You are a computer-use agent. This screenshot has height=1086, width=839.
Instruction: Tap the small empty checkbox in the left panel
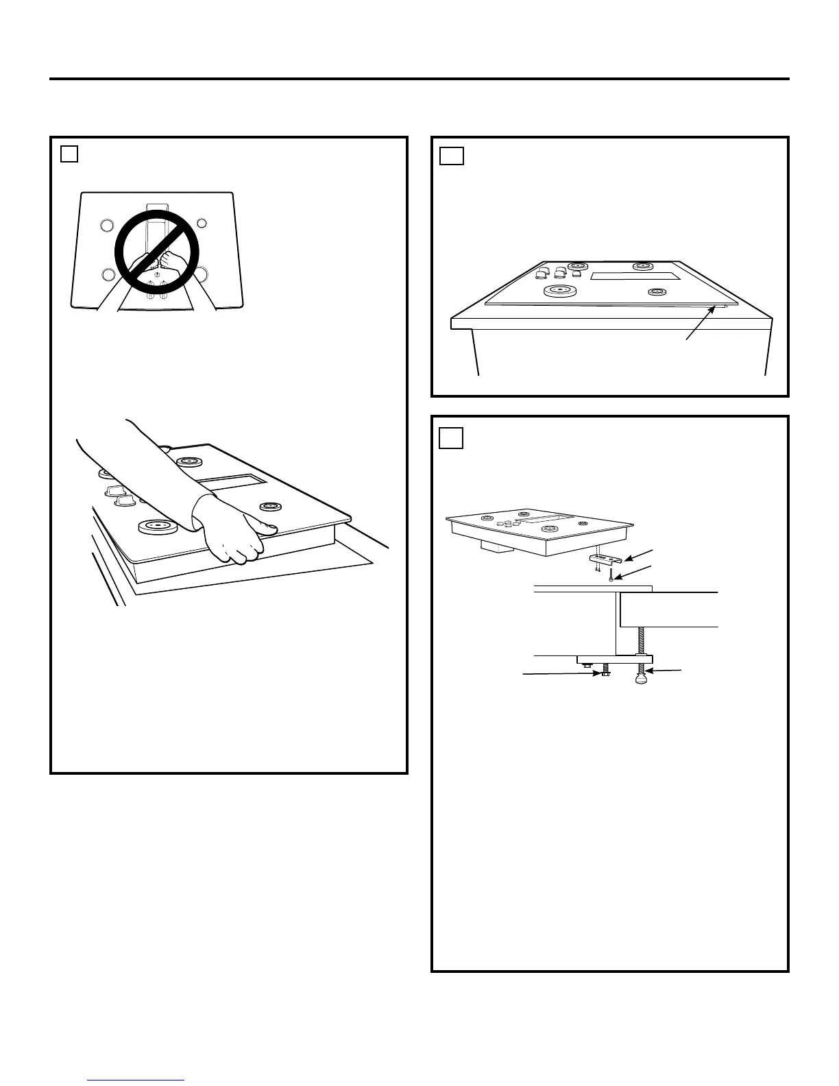click(x=69, y=154)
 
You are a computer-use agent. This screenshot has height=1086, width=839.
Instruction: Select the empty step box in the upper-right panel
click(x=451, y=156)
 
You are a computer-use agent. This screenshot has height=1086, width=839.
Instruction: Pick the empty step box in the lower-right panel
click(x=450, y=438)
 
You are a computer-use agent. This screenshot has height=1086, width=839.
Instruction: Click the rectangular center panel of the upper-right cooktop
click(x=635, y=276)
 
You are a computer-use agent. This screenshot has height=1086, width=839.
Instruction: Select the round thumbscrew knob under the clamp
click(x=642, y=679)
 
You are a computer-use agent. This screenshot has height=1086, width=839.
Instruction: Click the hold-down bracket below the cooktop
click(x=605, y=559)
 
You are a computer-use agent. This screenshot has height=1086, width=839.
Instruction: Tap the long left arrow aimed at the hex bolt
click(x=562, y=675)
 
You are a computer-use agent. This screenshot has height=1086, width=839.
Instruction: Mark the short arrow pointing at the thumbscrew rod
click(x=664, y=671)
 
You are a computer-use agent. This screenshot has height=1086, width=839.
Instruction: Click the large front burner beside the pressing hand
click(x=158, y=527)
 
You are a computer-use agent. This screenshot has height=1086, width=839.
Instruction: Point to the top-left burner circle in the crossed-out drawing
click(x=106, y=224)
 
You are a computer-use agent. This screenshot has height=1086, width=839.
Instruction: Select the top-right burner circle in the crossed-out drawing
click(x=202, y=224)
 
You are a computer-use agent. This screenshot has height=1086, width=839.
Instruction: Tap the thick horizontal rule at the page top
click(x=419, y=79)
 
